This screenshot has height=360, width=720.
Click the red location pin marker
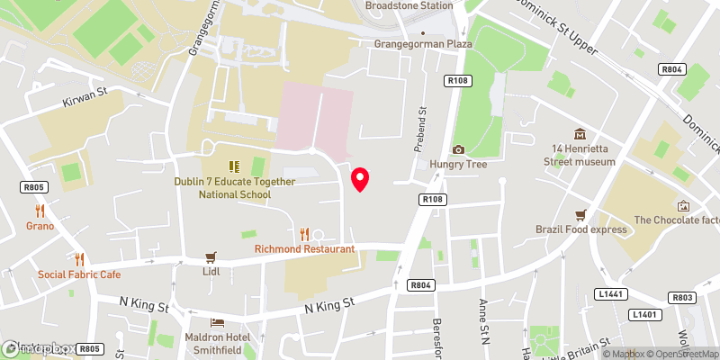[360, 179]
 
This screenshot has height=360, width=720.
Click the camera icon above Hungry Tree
[458, 149]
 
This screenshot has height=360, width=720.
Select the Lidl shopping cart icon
[211, 256]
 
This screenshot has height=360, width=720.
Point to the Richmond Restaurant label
[304, 248]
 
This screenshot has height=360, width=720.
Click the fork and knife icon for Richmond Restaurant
[304, 233]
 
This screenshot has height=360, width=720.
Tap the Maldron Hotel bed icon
[216, 321]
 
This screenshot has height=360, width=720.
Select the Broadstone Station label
[409, 5]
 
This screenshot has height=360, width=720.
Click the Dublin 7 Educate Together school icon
[234, 166]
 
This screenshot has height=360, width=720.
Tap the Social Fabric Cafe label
[79, 274]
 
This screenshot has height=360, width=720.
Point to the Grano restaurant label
[40, 226]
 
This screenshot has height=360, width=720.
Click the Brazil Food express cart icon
[581, 214]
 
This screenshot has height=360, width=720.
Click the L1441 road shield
[610, 293]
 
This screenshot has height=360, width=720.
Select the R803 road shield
[682, 297]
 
